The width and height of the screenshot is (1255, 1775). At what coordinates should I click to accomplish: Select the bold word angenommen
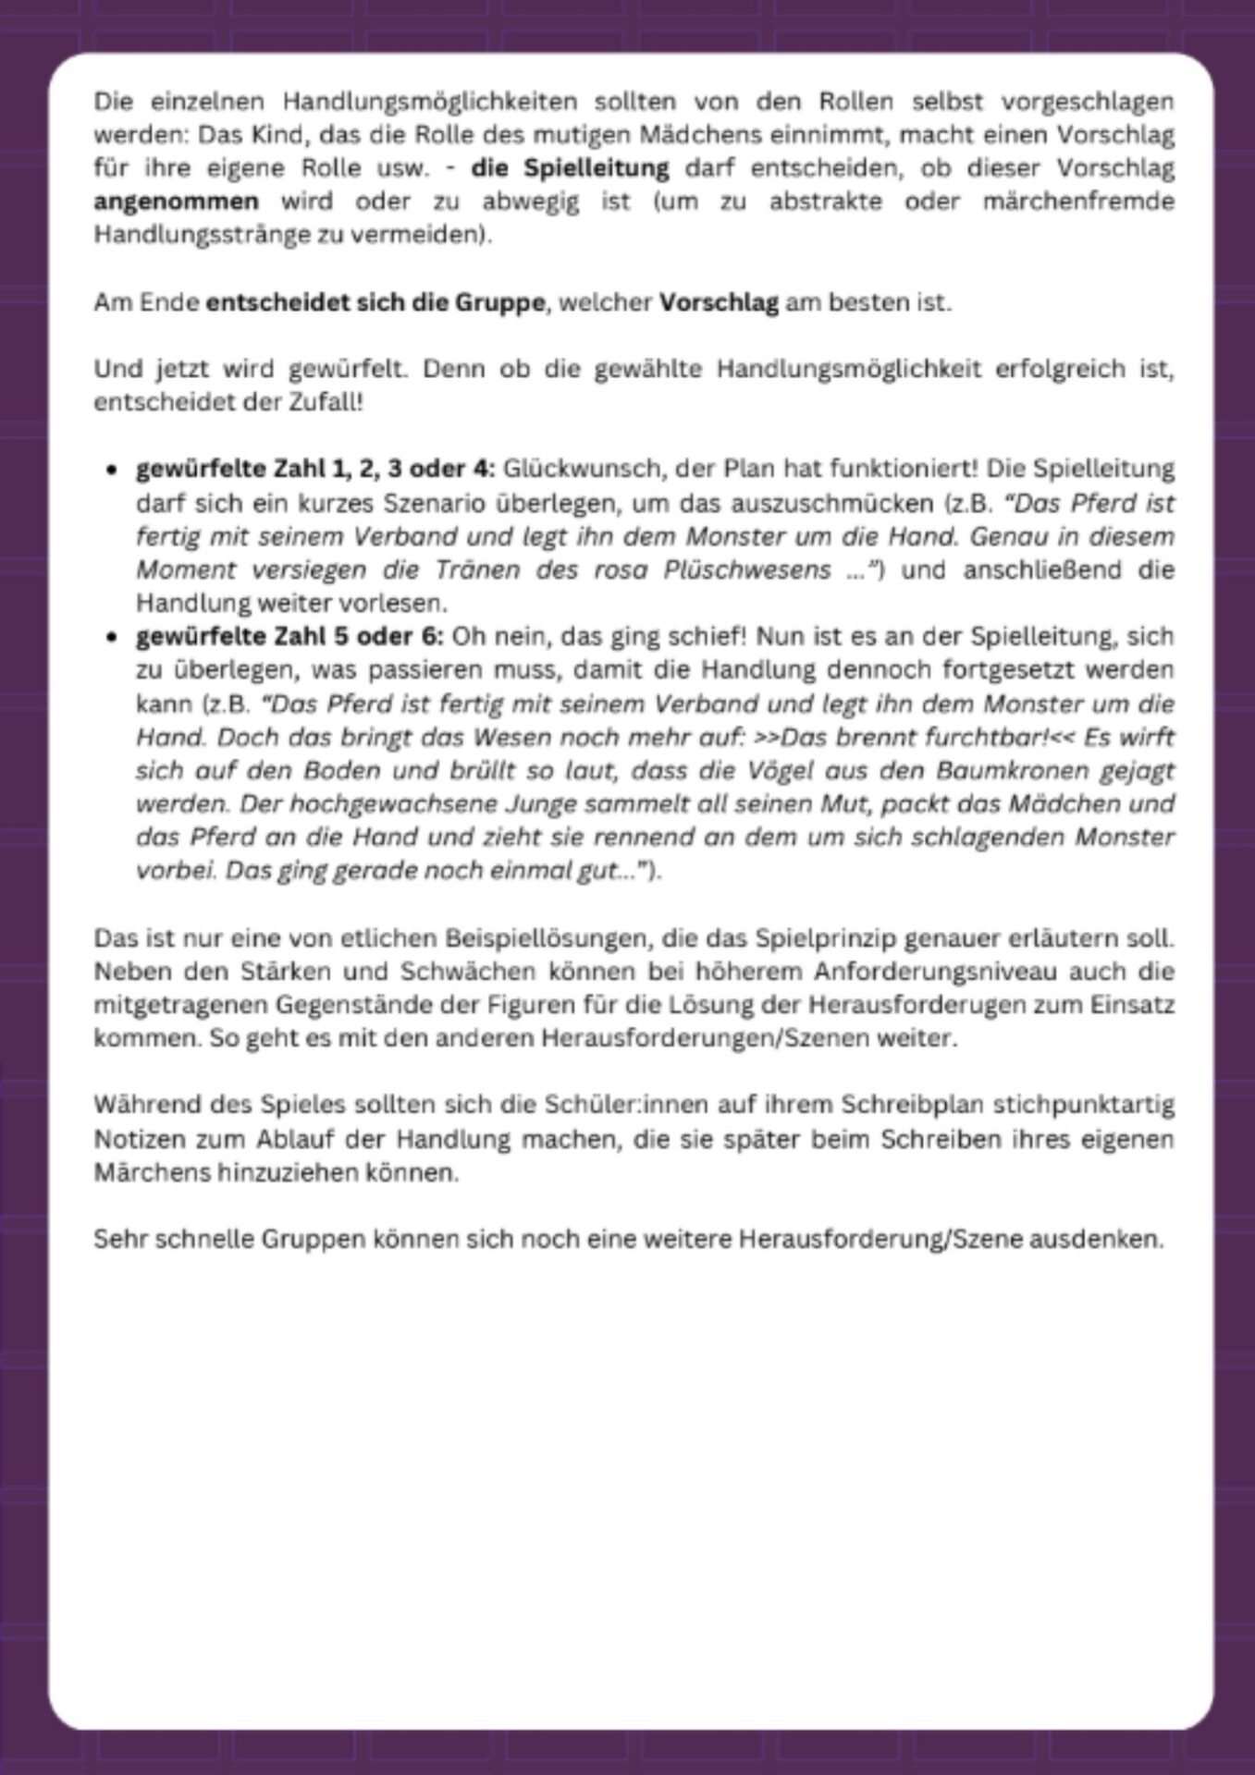click(x=176, y=202)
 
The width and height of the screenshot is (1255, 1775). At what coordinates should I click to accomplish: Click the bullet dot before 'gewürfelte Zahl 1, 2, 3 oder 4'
click(x=113, y=470)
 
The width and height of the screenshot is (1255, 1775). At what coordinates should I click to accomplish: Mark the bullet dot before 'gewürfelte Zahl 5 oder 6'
click(x=113, y=637)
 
